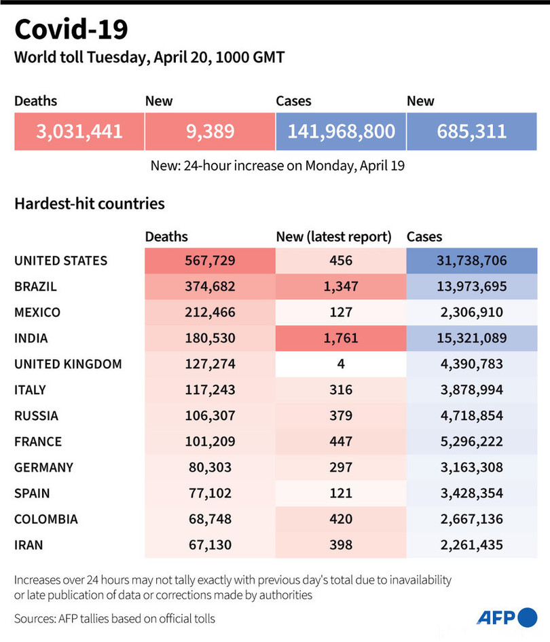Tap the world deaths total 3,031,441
coord(79,131)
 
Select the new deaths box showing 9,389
coord(210,131)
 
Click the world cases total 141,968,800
coord(341,131)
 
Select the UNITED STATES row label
coord(60,261)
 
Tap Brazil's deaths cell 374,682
coord(210,286)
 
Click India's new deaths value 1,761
coord(341,338)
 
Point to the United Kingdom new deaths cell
coord(341,364)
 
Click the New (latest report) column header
coord(334,237)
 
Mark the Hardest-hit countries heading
coord(90,203)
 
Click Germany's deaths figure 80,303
coord(210,467)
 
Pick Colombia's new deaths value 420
coord(341,519)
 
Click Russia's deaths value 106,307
coord(210,415)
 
